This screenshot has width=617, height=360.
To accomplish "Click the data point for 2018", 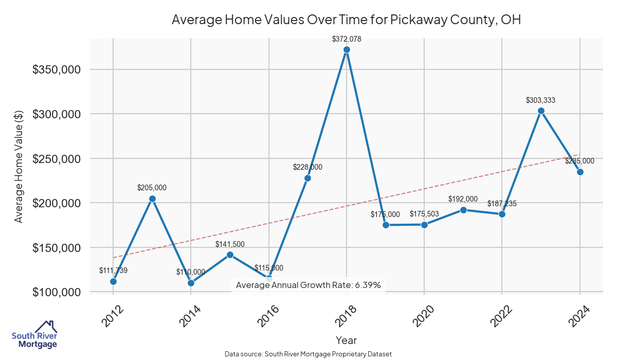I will point(347,50).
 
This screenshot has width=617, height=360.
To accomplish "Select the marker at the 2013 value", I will point(152,199).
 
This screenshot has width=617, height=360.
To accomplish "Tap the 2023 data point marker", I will point(541,111).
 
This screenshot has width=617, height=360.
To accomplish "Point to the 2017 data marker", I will point(307,178).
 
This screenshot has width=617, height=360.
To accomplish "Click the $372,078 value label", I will point(347,39).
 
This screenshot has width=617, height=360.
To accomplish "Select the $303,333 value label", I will point(540,100).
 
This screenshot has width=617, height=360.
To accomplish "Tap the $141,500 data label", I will point(230,244).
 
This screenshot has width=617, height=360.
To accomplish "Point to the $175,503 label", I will point(424,214).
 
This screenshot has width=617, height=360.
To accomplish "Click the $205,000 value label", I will point(152,188).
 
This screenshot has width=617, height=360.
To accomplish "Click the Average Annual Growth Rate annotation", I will point(308,285).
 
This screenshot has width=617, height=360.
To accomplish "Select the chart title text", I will point(346,20).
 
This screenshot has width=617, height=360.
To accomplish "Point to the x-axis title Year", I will point(346,340).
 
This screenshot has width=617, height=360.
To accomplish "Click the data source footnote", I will point(308,354).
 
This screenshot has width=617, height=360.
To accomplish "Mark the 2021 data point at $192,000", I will point(463,210).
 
